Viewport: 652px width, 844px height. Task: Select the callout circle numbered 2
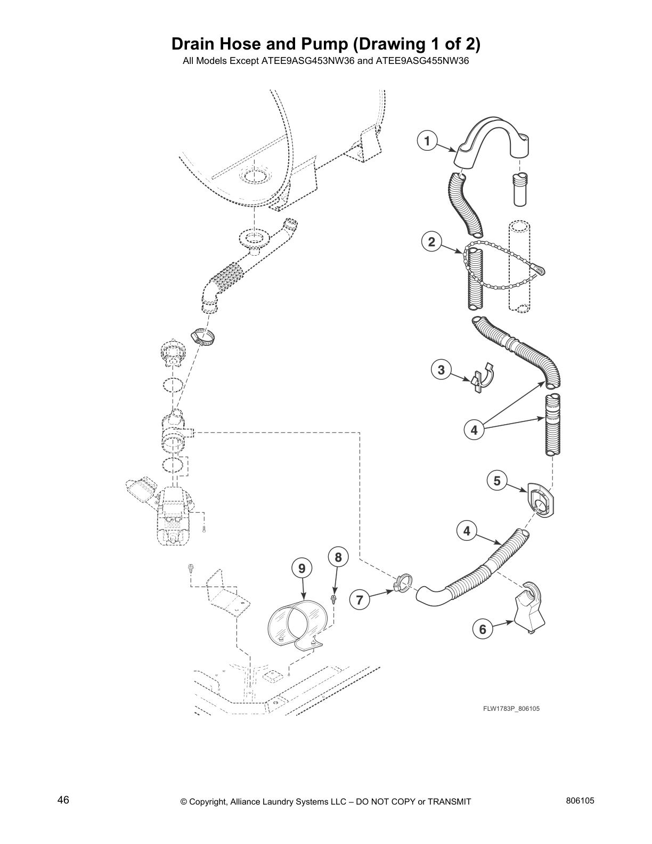point(431,242)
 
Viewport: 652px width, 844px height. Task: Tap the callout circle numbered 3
point(441,369)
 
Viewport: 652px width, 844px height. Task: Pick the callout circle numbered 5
point(497,481)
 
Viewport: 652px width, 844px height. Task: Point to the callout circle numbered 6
point(483,629)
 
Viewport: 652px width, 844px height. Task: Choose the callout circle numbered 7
point(360,600)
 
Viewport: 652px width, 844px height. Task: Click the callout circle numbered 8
point(338,557)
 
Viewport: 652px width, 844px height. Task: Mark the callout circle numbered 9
point(302,569)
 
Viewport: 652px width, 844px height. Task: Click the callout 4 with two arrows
point(474,429)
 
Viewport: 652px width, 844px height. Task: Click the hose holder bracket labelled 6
point(530,607)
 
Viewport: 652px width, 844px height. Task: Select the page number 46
point(63,800)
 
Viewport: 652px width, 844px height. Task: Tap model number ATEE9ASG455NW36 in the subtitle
point(422,61)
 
